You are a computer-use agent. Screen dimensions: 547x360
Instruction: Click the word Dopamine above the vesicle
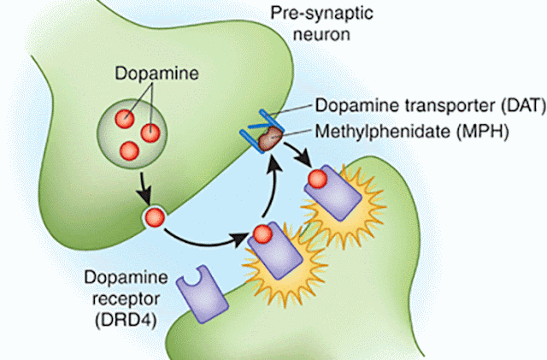(156, 74)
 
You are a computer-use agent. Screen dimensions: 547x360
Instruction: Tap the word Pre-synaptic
(322, 14)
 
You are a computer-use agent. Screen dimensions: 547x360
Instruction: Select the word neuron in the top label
(321, 34)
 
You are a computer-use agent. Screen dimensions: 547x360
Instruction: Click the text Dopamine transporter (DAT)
(431, 105)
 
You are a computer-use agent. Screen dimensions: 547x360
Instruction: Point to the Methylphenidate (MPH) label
(412, 132)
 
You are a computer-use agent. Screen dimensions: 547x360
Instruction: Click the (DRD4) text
(126, 320)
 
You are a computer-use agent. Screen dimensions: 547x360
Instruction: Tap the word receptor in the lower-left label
(126, 299)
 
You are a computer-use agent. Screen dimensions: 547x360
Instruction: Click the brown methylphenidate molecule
(270, 139)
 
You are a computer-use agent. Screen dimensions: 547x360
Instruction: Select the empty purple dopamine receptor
(203, 294)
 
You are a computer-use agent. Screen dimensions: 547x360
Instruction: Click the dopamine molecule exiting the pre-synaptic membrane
(155, 218)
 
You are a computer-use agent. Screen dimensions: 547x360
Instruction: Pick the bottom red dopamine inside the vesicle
(129, 150)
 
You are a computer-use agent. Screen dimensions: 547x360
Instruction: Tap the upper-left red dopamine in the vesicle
(125, 119)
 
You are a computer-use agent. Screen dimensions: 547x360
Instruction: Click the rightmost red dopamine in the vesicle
(150, 133)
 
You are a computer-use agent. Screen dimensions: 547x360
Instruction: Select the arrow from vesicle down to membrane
(144, 188)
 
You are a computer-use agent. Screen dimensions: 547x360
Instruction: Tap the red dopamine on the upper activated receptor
(318, 179)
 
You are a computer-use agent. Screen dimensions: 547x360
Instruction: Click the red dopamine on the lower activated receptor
(262, 234)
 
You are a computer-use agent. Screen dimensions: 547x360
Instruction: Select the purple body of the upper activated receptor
(333, 193)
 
